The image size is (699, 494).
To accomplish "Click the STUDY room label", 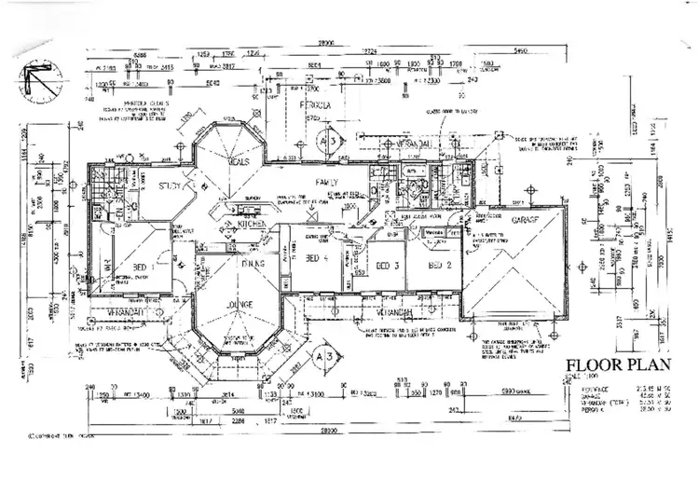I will (x=171, y=186).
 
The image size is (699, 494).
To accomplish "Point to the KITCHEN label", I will (x=252, y=226).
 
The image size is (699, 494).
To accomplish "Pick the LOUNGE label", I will (x=242, y=303).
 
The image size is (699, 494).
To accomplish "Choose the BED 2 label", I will (x=440, y=267).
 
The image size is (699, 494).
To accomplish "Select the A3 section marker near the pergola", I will (x=326, y=142).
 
